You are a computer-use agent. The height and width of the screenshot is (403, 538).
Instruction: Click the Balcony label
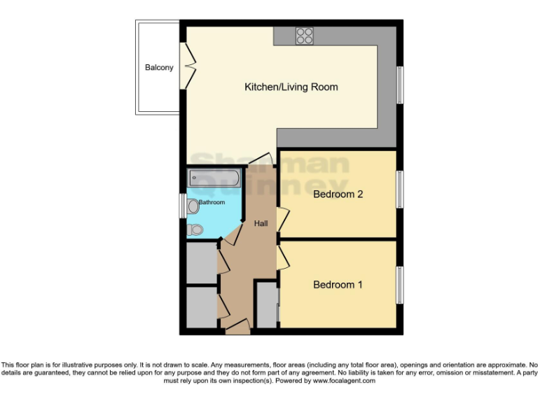tap(159, 68)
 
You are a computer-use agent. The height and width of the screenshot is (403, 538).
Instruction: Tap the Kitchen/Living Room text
tap(291, 87)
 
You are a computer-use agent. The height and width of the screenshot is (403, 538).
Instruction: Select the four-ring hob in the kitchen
tap(304, 36)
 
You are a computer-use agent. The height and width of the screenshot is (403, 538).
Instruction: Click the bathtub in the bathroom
tap(214, 179)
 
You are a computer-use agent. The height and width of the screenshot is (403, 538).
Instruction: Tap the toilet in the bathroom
tap(195, 228)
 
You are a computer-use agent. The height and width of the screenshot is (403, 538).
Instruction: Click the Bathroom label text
tap(212, 202)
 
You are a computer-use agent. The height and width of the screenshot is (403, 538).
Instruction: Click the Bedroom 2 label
tap(338, 194)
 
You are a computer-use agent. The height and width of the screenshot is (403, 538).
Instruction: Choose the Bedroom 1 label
tap(338, 285)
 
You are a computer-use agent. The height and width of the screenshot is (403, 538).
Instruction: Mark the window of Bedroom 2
tap(400, 190)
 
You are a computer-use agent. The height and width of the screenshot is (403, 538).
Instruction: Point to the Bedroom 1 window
tap(400, 285)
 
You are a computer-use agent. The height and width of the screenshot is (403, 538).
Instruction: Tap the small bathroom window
tap(183, 205)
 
